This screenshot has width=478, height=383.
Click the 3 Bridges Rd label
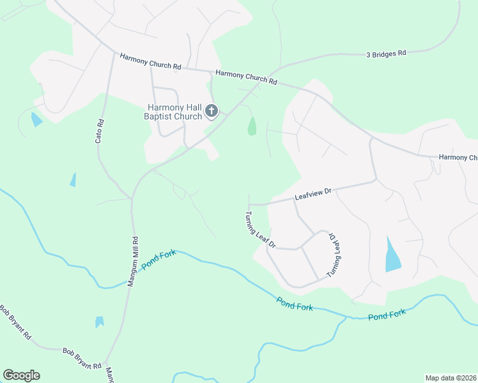coord(386,54)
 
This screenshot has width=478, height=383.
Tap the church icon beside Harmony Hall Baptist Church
coord(212,112)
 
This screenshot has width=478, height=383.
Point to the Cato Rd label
coord(100,131)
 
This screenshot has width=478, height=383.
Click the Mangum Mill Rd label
coord(134,262)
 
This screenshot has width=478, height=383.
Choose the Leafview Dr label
coord(313,194)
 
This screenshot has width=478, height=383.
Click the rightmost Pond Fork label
coord(387,314)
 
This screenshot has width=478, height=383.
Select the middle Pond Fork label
coord(295,304)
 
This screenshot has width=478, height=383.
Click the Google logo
coord(21,375)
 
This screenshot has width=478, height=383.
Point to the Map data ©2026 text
coord(450,378)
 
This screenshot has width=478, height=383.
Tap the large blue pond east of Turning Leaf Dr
coord(392,255)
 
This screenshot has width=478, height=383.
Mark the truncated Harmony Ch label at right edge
coord(458,157)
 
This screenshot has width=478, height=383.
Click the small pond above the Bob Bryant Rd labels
coord(99,322)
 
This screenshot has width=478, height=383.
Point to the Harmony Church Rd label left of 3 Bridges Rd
coord(246,77)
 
